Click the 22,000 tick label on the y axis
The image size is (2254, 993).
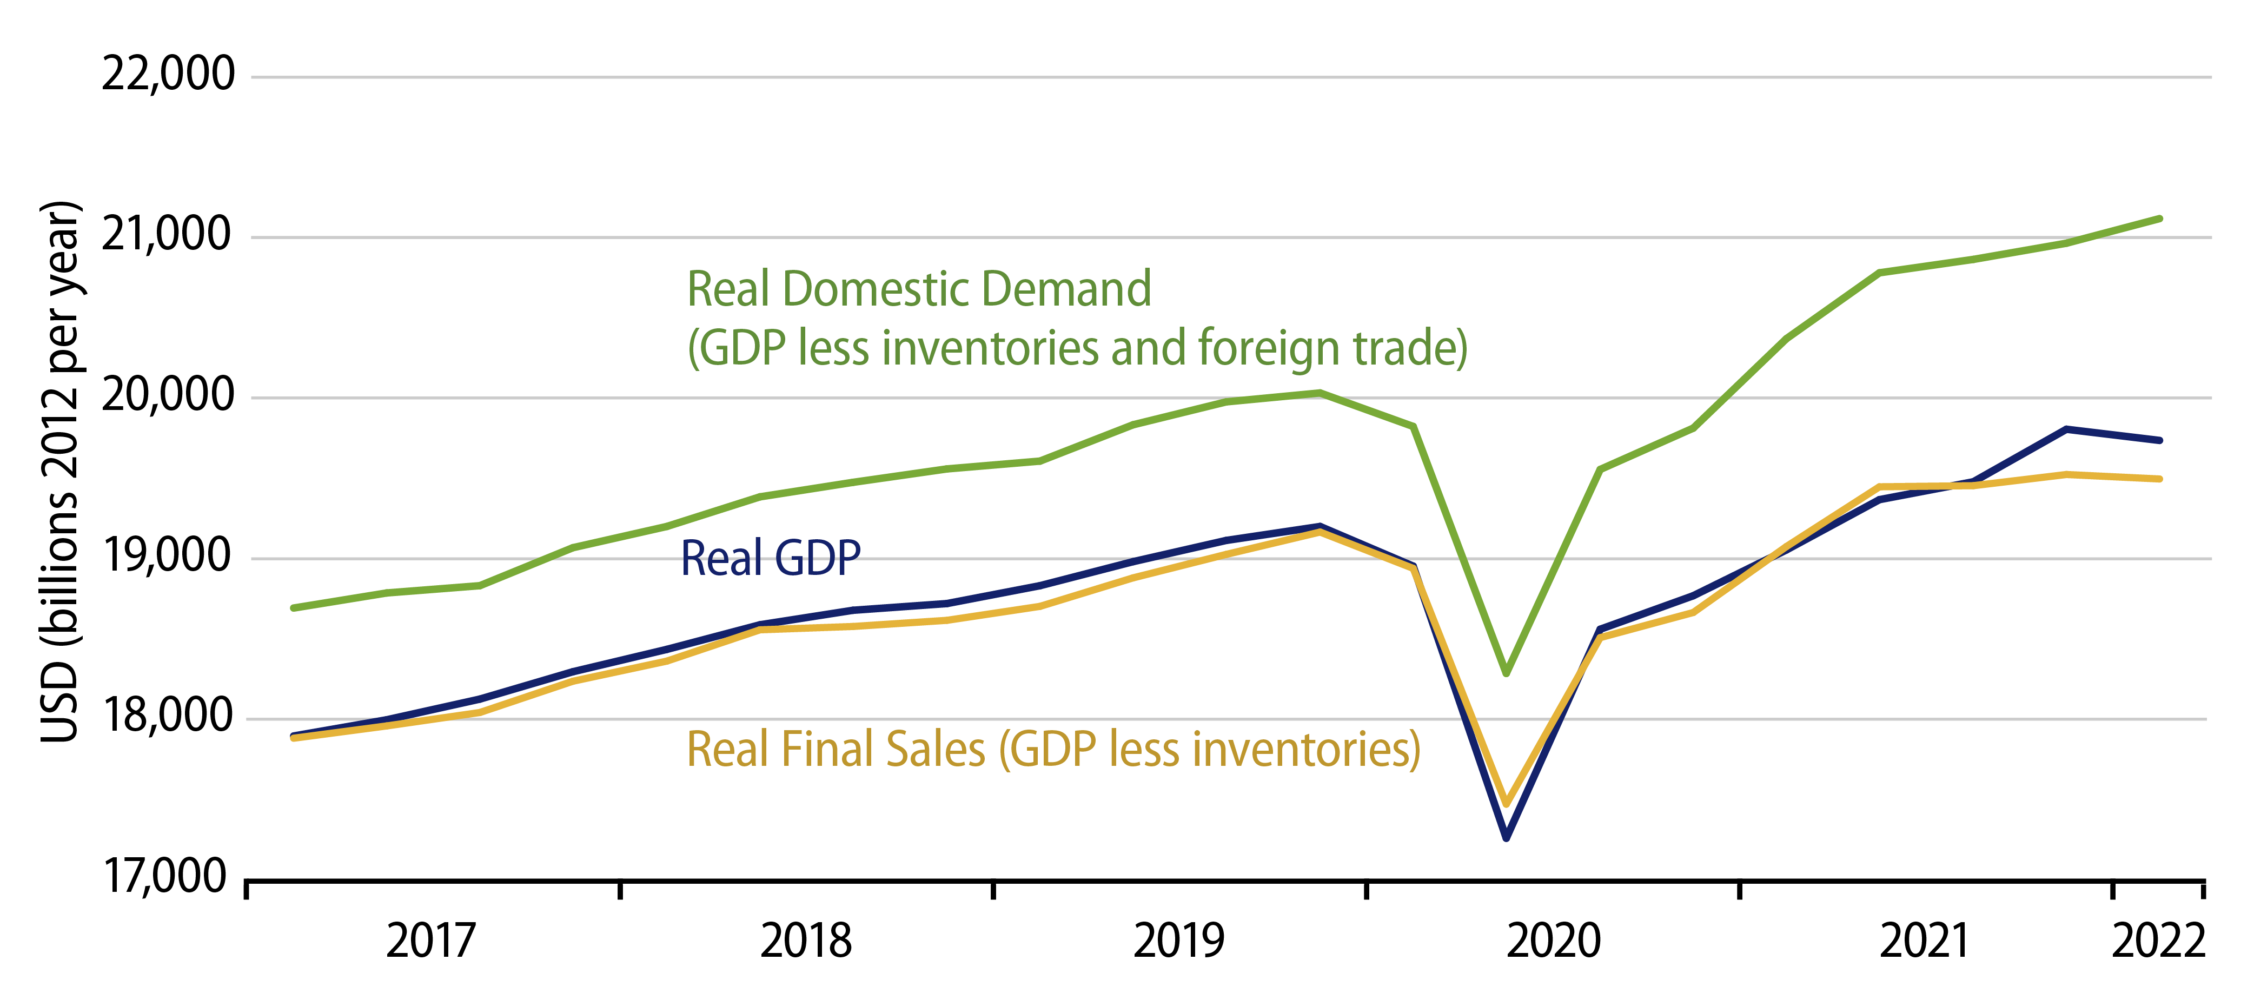tap(168, 74)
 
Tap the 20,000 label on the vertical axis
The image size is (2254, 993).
tap(168, 395)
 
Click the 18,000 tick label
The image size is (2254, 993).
tap(168, 717)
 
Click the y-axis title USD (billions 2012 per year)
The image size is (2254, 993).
tap(61, 473)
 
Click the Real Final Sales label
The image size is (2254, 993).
tap(1052, 750)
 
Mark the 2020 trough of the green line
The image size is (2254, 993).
tap(1506, 673)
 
